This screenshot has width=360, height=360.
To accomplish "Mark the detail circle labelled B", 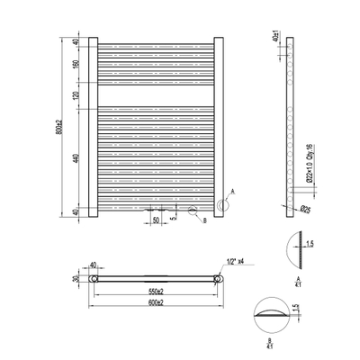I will pyautogui.click(x=191, y=214).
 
